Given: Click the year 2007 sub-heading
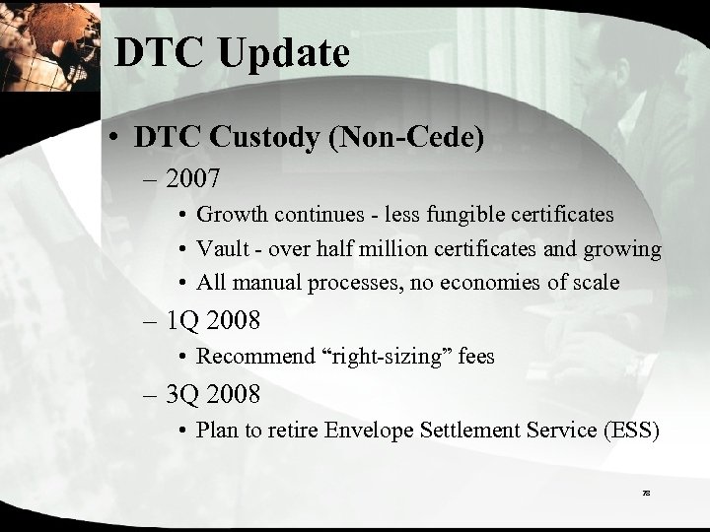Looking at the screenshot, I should tap(197, 180).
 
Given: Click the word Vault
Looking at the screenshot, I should tap(221, 248).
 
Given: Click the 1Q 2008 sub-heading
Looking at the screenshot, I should tap(214, 323).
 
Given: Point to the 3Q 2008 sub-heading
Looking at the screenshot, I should tap(214, 396).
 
